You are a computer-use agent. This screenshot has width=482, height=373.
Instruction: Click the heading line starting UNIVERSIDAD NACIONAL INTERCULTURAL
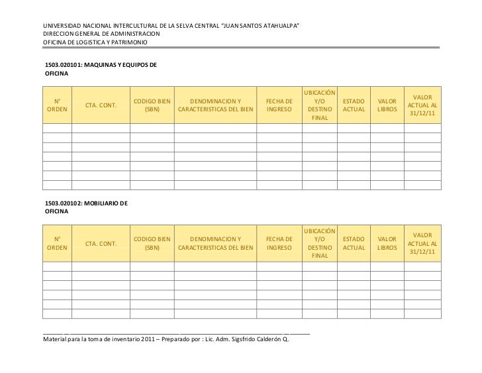coord(171,25)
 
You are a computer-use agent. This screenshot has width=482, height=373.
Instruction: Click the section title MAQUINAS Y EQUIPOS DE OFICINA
coord(100,69)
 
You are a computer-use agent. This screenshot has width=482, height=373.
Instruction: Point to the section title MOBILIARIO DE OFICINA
coord(86,205)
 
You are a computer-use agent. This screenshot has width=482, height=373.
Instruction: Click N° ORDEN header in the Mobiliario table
coord(57,242)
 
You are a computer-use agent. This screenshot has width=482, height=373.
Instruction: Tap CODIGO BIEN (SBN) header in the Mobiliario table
coord(152,242)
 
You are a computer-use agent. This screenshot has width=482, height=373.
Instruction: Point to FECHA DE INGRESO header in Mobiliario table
coord(279,242)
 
